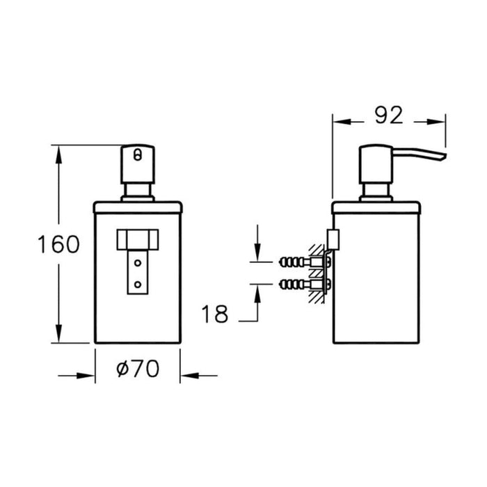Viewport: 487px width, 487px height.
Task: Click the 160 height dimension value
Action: click(x=59, y=244)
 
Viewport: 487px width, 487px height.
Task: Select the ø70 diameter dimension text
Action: click(x=137, y=369)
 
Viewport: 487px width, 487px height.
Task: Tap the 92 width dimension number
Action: click(x=388, y=115)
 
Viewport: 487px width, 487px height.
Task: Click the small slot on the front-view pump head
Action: click(x=137, y=154)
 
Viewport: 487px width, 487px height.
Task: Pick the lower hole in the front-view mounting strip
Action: click(x=137, y=283)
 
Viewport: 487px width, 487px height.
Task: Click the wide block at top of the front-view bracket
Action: click(x=137, y=239)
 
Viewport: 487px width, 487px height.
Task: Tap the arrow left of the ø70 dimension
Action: click(x=87, y=376)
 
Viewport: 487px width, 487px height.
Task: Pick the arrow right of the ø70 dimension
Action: click(x=189, y=376)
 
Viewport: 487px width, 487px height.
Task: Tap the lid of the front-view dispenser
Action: click(x=137, y=206)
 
